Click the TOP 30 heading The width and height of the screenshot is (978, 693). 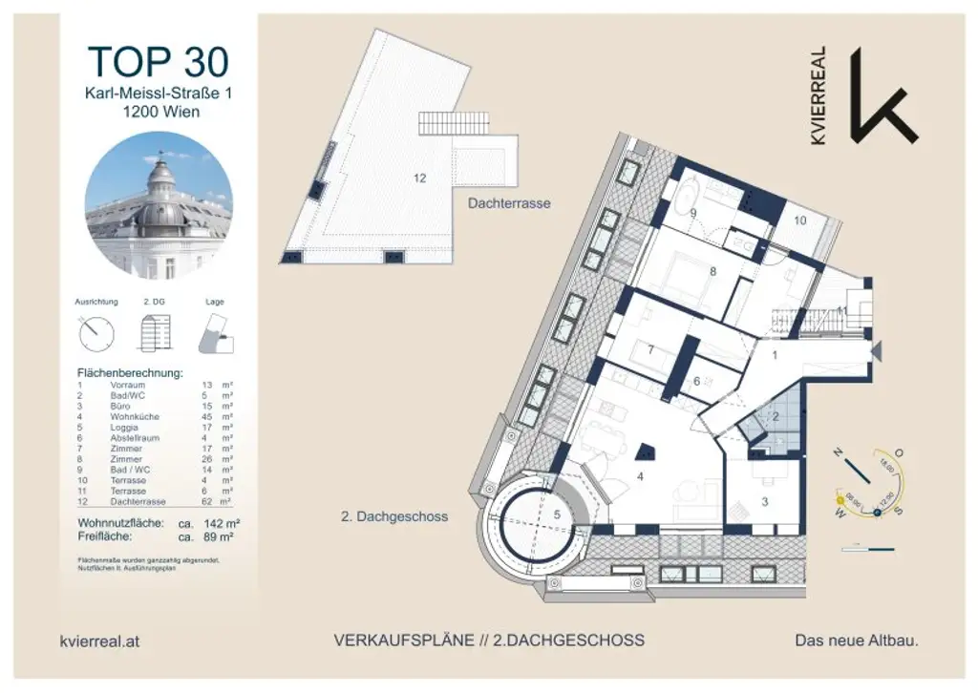[159, 61]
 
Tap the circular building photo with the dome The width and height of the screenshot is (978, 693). [159, 205]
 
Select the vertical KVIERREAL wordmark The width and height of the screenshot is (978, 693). [819, 94]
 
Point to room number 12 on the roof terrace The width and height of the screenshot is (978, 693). [419, 178]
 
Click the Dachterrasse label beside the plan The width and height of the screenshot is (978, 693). [509, 203]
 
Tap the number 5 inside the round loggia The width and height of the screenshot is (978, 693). [557, 514]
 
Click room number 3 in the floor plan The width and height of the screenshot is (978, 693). [764, 500]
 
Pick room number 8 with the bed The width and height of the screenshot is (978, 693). [712, 271]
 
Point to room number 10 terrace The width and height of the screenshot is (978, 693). [800, 220]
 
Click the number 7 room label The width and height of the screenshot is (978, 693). [649, 350]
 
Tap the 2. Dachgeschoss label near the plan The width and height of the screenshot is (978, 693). [394, 516]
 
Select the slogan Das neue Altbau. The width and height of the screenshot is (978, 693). [857, 641]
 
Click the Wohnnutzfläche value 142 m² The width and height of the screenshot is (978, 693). [207, 523]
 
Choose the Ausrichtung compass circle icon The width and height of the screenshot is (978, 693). [96, 332]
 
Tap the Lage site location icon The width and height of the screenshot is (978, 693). [215, 333]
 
